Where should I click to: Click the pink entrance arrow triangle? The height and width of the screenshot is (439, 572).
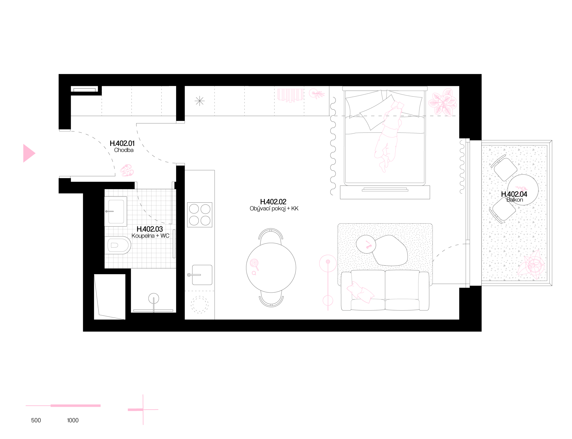(x=28, y=153)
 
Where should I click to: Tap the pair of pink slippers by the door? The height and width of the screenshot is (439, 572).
(x=127, y=170)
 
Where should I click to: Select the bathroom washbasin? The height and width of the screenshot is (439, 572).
(x=116, y=211)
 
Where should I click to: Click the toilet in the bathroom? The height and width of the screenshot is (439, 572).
(x=118, y=245)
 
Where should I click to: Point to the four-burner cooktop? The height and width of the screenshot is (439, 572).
(x=200, y=215)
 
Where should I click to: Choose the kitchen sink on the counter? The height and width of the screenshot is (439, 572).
(x=202, y=275)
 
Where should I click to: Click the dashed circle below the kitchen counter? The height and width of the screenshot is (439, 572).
(x=199, y=305)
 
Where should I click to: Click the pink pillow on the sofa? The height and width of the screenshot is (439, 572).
(x=360, y=292)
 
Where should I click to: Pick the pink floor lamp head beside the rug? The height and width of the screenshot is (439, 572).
(x=328, y=262)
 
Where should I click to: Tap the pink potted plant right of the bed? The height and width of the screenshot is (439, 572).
(x=443, y=102)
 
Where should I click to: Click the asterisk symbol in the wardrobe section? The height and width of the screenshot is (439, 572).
(x=200, y=101)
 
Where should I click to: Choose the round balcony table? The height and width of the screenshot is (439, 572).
(x=523, y=190)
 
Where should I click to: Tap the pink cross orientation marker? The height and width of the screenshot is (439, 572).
(x=143, y=410)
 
